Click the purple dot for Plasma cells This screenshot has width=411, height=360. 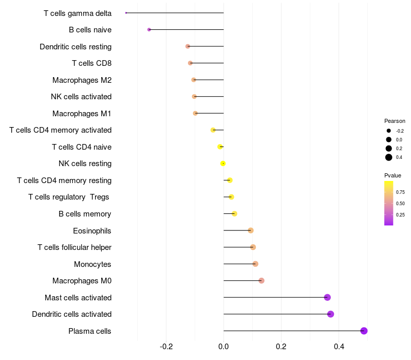click(364, 331)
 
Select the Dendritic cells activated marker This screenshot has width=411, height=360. click(330, 314)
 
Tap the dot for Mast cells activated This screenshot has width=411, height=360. click(327, 297)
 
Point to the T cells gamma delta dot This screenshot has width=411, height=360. click(126, 13)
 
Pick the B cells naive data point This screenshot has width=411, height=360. click(149, 30)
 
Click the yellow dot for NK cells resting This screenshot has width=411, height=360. click(223, 164)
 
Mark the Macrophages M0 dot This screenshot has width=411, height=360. click(261, 281)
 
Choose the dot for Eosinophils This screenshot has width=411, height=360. click(251, 230)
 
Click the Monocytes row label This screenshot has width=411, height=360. click(92, 264)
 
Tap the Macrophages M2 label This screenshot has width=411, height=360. click(82, 80)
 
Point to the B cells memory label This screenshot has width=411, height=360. click(85, 214)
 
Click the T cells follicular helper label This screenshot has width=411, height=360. click(74, 247)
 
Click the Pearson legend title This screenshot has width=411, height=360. click(395, 121)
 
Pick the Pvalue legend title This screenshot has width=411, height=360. click(393, 175)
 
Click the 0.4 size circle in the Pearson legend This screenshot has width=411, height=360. click(389, 157)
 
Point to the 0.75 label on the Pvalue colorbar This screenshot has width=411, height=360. click(400, 192)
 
